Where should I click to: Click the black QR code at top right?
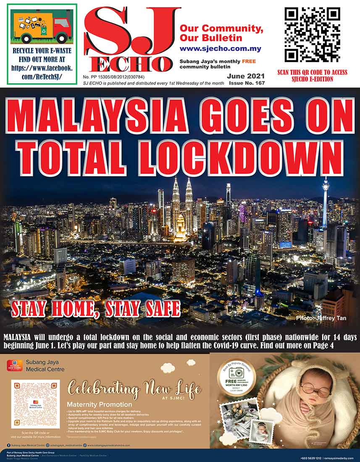pos(312,35)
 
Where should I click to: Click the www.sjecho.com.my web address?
pos(220,48)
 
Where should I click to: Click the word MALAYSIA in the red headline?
pos(97,115)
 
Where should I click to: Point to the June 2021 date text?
pos(246,76)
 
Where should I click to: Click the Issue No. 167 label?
pos(247,84)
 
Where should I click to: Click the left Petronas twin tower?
pos(176,202)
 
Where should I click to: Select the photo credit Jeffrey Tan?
pos(321,318)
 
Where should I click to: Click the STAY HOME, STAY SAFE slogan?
pos(96,309)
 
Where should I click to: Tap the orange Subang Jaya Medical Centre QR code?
pos(35,404)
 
